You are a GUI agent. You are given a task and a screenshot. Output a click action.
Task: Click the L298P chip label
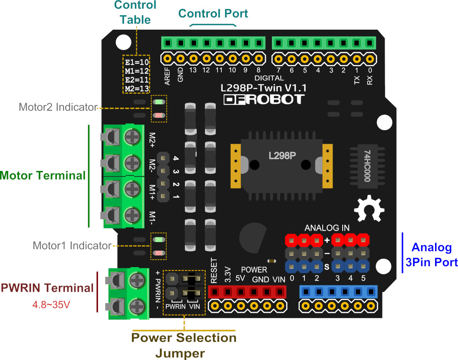point(282,156)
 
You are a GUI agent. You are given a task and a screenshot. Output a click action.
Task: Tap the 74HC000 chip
point(367,166)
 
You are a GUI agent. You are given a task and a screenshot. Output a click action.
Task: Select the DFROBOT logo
point(264,99)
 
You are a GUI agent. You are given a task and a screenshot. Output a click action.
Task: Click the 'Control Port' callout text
point(213,14)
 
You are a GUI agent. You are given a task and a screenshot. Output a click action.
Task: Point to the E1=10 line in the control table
point(137,62)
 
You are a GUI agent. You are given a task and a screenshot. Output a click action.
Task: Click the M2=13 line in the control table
point(137,89)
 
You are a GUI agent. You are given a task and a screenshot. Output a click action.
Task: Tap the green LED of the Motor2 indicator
point(159,102)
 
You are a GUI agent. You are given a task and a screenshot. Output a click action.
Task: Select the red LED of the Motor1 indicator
point(159,253)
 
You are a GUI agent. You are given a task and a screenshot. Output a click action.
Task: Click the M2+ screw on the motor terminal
point(133,137)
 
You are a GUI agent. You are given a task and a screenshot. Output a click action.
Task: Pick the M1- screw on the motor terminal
point(133,215)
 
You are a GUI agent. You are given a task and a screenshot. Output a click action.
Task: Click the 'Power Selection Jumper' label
point(184,345)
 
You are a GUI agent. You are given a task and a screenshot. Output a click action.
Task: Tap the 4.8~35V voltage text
point(51,305)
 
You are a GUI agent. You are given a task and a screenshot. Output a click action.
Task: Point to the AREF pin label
point(167,76)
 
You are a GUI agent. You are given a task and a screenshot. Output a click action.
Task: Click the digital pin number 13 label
point(193,70)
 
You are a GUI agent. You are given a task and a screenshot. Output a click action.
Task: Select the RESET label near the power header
point(214,271)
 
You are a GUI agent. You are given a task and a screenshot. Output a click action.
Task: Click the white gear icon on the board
point(369,209)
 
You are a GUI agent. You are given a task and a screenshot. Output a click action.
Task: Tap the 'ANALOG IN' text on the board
point(327,228)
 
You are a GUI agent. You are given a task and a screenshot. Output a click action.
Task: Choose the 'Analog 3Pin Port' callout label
point(431,254)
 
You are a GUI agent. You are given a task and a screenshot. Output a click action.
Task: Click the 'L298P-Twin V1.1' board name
point(263,88)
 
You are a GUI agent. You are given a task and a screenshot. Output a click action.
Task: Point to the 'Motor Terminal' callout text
point(43,175)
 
